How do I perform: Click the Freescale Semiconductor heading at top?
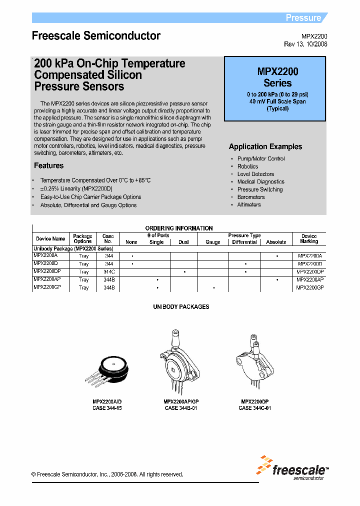tap(96, 36)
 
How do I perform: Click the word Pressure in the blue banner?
tap(303, 18)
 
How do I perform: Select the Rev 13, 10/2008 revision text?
tap(305, 44)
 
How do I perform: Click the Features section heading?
tap(48, 165)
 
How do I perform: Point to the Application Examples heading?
tap(265, 146)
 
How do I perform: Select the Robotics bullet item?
tap(247, 166)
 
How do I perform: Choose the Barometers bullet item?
tap(251, 197)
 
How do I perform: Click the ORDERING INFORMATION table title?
tap(178, 228)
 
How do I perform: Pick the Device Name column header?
tap(50, 239)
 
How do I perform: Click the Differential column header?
tap(244, 242)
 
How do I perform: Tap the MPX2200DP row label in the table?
tap(47, 271)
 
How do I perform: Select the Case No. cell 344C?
tap(108, 271)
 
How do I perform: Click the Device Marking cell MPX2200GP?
tap(310, 287)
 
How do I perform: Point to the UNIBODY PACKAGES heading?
tap(181, 306)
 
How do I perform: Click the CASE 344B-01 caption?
tap(181, 408)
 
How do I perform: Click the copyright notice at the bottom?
tap(107, 474)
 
